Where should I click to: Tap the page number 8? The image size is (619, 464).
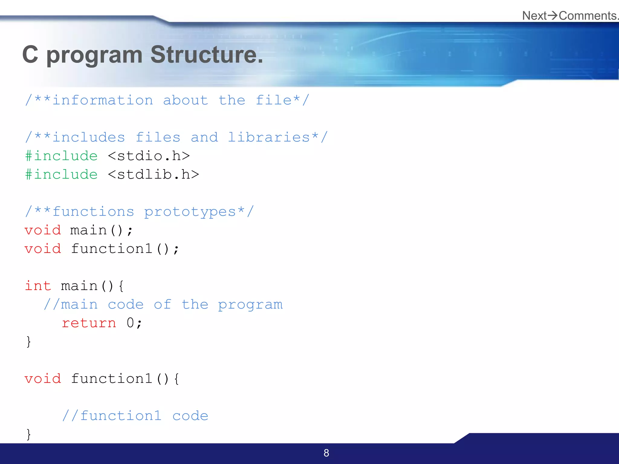(x=326, y=453)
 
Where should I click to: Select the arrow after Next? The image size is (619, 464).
(x=553, y=15)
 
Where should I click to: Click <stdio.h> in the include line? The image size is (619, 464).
(x=149, y=156)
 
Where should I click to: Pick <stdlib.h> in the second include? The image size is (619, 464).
(x=153, y=175)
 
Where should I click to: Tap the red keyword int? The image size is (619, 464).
(x=38, y=286)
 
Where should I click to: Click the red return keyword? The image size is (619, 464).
(x=89, y=323)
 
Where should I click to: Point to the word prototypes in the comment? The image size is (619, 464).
(x=190, y=212)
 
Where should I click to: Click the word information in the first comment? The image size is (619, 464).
(x=103, y=100)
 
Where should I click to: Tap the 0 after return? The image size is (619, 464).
(x=130, y=323)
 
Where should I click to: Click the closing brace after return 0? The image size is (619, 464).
(x=28, y=342)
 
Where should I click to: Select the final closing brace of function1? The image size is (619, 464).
(x=28, y=434)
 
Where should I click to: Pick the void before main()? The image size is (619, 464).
(x=43, y=230)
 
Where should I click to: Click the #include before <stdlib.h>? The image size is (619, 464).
(x=61, y=175)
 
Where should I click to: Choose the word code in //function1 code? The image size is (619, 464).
(x=190, y=416)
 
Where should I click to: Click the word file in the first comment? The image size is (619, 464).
(x=274, y=100)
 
